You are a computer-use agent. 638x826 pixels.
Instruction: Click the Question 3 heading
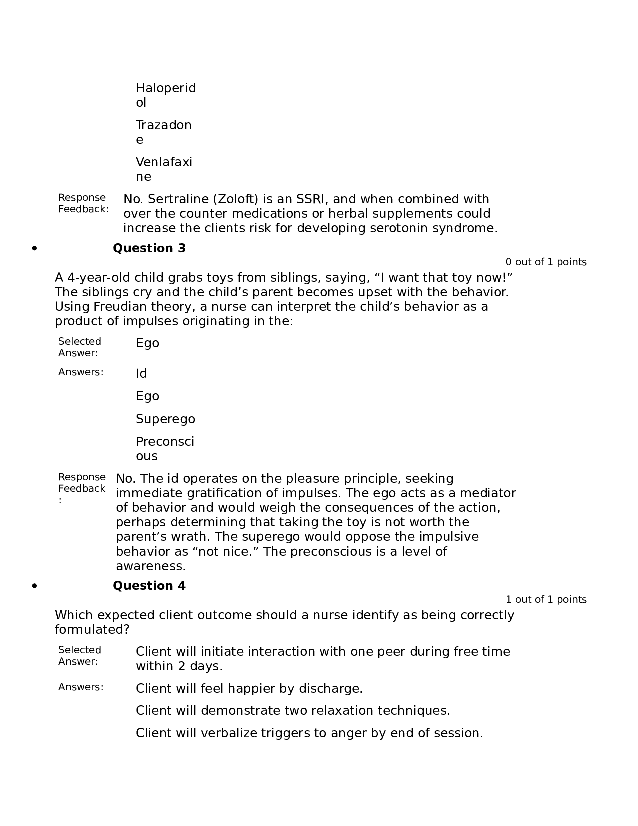point(149,248)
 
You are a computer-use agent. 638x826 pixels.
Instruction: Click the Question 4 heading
point(149,586)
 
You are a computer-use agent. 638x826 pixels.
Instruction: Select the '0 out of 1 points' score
point(546,262)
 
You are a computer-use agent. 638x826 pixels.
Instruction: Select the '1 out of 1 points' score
point(546,599)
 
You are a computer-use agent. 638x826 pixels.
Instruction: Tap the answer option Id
point(141,374)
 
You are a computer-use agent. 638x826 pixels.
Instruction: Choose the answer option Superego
point(165,419)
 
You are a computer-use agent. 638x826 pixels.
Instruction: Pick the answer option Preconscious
point(165,449)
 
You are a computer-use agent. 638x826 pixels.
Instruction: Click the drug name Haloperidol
point(165,95)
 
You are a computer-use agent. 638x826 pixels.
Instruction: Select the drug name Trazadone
point(163,132)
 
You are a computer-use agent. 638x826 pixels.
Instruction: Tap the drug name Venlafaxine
point(164,169)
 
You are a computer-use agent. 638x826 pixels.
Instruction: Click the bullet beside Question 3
point(34,248)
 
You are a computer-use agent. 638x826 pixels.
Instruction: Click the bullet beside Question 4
point(34,586)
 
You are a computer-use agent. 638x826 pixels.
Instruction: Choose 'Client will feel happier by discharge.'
point(249,689)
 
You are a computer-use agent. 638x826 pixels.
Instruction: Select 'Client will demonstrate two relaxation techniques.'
point(293,711)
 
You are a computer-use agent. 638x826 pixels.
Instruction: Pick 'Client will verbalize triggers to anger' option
point(309,733)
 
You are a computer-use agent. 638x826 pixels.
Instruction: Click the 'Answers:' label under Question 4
point(81,687)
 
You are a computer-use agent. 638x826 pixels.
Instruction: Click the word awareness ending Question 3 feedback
point(150,566)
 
